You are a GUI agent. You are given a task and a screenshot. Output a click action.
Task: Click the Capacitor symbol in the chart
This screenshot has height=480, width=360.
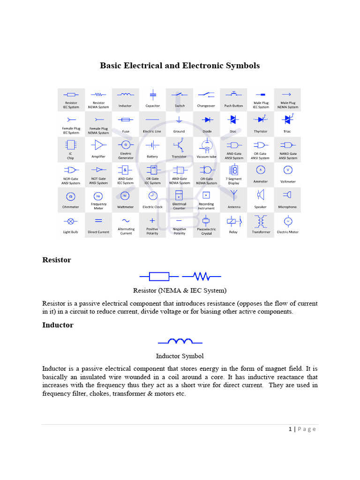(152, 95)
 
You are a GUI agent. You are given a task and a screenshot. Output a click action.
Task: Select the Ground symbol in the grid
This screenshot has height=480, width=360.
(179, 120)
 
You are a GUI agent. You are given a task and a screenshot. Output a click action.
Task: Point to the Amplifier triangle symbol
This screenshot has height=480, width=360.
(98, 145)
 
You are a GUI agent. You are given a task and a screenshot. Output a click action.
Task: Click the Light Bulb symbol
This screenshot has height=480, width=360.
(71, 221)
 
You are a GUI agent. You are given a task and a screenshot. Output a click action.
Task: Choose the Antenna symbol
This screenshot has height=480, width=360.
(233, 194)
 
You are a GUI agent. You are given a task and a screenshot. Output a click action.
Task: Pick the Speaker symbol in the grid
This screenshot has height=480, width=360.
(261, 194)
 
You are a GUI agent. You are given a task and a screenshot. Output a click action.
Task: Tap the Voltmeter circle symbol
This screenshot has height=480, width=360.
(288, 170)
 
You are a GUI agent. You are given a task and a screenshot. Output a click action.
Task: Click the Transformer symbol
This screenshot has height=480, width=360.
(261, 221)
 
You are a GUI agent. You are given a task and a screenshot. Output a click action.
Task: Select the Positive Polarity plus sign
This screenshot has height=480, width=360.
(152, 220)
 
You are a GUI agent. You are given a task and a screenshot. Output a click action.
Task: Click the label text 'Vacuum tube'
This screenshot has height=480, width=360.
(206, 157)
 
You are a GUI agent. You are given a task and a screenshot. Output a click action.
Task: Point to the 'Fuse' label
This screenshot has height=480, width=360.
(126, 132)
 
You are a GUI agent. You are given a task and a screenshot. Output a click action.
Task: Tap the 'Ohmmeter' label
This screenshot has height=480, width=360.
(71, 207)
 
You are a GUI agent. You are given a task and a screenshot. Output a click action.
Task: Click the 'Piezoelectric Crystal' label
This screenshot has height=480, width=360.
(206, 231)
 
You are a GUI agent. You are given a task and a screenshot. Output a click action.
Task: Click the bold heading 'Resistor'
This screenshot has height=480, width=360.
(57, 260)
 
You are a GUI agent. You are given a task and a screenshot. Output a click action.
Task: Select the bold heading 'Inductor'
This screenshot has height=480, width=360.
(58, 325)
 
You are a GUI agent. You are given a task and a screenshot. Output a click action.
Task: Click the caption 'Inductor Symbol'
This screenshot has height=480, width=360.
(180, 356)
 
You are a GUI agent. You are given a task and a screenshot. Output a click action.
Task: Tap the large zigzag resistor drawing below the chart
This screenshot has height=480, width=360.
(201, 276)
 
